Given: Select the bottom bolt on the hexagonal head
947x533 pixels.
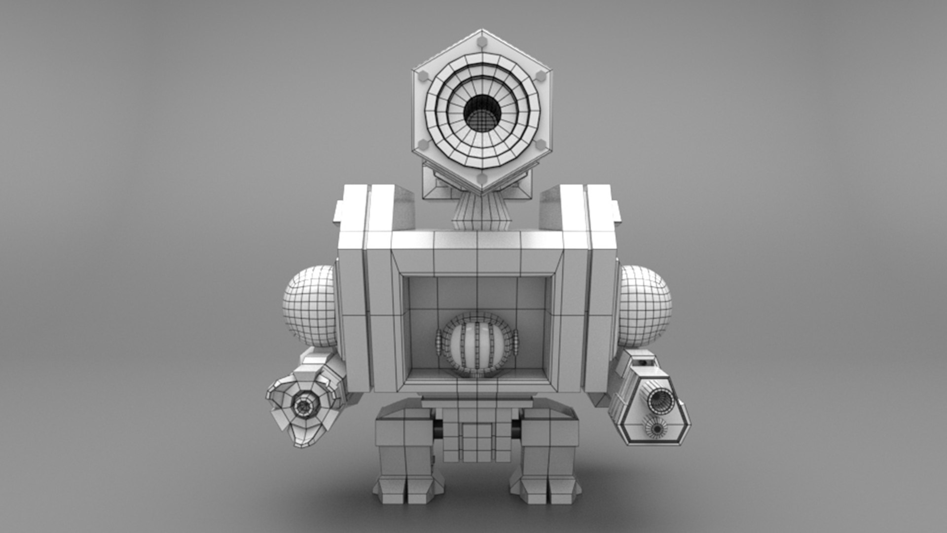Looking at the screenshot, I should pyautogui.click(x=482, y=178).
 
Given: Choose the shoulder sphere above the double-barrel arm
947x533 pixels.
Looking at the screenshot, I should pyautogui.click(x=644, y=306).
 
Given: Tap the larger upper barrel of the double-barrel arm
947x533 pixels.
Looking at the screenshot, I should pyautogui.click(x=660, y=401).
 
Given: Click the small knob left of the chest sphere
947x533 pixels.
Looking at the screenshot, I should pyautogui.click(x=438, y=342).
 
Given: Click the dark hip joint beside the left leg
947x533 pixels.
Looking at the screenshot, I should pyautogui.click(x=437, y=430).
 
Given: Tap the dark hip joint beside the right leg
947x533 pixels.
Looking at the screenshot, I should pyautogui.click(x=516, y=430).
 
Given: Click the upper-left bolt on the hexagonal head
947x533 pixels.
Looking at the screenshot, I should pyautogui.click(x=423, y=76).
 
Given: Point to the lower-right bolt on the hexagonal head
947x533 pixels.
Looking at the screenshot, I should pyautogui.click(x=541, y=145).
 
